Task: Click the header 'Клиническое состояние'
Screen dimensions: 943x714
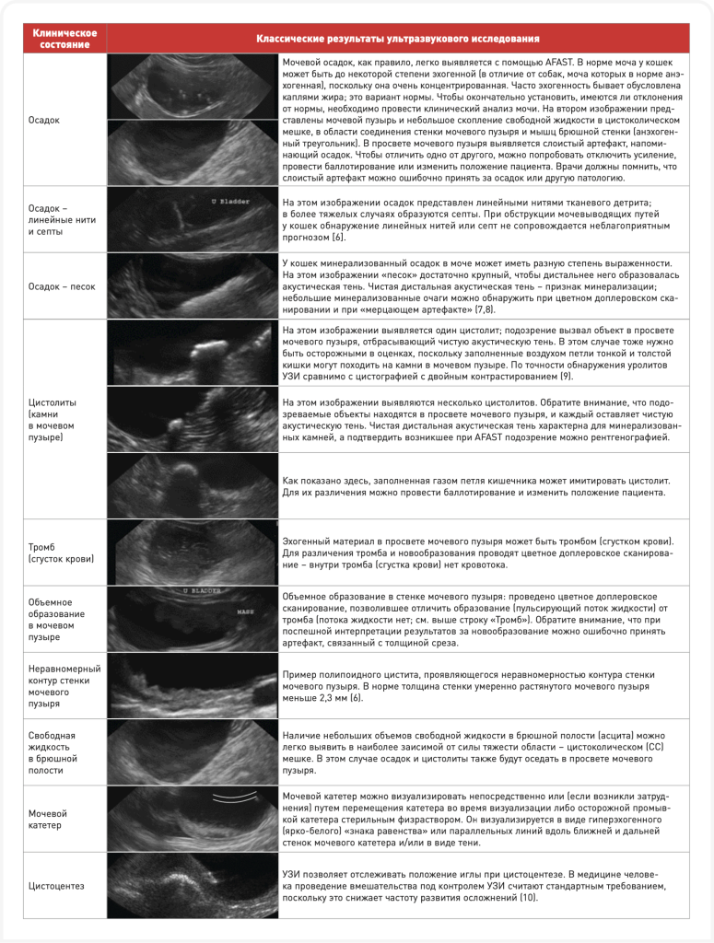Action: click(x=60, y=38)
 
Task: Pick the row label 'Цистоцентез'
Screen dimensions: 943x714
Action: click(x=55, y=885)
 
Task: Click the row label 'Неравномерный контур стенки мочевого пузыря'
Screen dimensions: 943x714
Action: click(x=64, y=685)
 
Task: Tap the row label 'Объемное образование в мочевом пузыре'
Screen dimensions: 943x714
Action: click(x=56, y=619)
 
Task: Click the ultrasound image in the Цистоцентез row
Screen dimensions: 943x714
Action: click(x=192, y=885)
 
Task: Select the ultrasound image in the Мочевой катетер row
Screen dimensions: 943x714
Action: click(x=192, y=819)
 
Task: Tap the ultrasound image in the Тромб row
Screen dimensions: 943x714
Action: click(x=192, y=553)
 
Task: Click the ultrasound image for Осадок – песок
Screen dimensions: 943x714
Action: click(x=192, y=285)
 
